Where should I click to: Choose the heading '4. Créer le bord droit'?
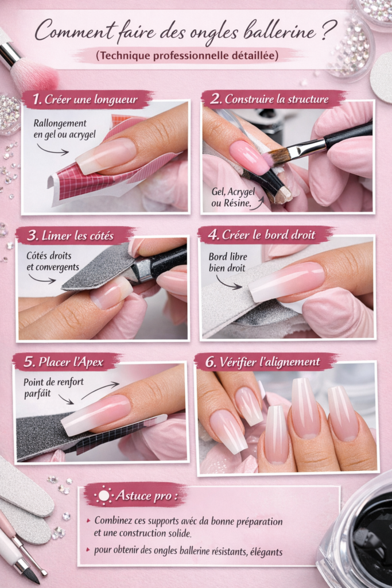[x=265, y=235]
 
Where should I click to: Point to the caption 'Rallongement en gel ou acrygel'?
[x=60, y=129]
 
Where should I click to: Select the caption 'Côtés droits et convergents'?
[x=53, y=262]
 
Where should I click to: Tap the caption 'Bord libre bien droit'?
[x=227, y=263]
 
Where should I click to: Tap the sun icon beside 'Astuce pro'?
[x=103, y=495]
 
